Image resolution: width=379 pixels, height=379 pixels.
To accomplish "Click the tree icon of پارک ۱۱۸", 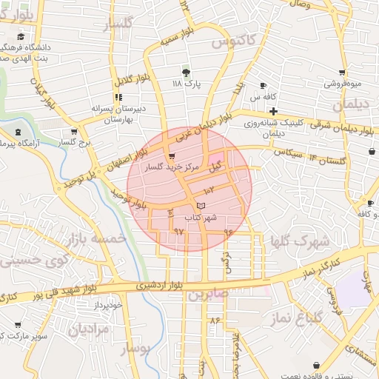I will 186,73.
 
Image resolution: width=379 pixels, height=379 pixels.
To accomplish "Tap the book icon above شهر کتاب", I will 202,205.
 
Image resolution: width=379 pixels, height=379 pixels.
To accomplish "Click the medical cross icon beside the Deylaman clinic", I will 272,111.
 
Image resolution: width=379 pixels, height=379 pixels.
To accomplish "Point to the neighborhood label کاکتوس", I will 233,41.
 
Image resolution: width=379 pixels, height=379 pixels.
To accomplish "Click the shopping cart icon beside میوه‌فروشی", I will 342,73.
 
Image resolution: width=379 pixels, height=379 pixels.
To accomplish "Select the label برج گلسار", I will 74,141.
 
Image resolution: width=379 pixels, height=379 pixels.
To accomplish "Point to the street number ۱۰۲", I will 218,192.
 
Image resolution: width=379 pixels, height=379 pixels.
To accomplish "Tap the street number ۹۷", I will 178,232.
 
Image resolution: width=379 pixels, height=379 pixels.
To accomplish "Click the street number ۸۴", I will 215,321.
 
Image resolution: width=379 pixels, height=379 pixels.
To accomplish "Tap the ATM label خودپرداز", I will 107,304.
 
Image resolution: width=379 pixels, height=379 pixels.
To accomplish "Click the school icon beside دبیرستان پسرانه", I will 118,97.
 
